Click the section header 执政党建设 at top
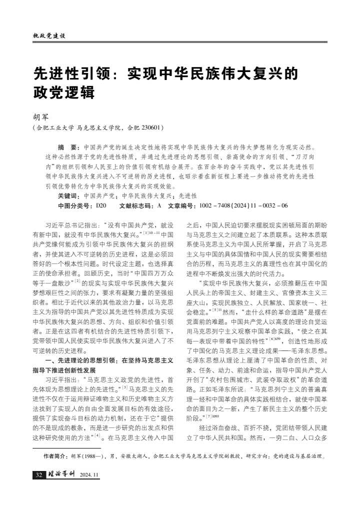click(49, 36)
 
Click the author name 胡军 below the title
click(41, 116)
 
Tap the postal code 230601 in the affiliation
click(149, 127)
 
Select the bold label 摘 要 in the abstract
click(67, 148)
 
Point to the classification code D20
click(101, 205)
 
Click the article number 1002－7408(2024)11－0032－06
click(243, 205)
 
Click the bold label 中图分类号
click(75, 205)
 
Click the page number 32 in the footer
click(38, 474)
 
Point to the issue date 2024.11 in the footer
click(90, 474)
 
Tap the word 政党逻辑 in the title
click(63, 93)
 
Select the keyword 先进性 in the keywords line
click(188, 195)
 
